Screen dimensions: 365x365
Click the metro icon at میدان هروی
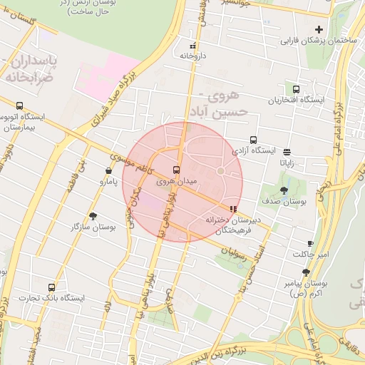176,170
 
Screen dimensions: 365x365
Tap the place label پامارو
109,182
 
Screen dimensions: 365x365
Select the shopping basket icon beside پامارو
108,171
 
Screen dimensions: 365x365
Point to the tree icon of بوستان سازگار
93,216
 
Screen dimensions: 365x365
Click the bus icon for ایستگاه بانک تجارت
51,287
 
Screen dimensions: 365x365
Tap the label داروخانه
192,55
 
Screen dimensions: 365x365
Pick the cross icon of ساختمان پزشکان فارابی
319,30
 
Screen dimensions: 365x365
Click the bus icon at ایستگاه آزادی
253,140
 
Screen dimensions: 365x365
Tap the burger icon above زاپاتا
287,152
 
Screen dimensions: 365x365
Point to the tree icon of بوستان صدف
284,190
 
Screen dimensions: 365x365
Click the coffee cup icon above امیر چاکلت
310,243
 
